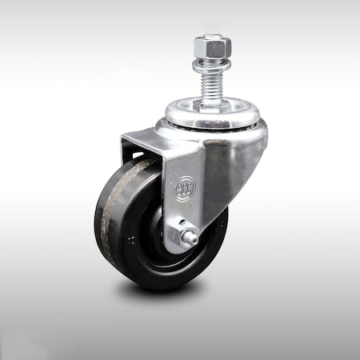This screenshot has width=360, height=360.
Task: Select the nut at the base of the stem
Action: [212, 104]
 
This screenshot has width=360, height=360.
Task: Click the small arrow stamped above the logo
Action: [181, 173]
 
